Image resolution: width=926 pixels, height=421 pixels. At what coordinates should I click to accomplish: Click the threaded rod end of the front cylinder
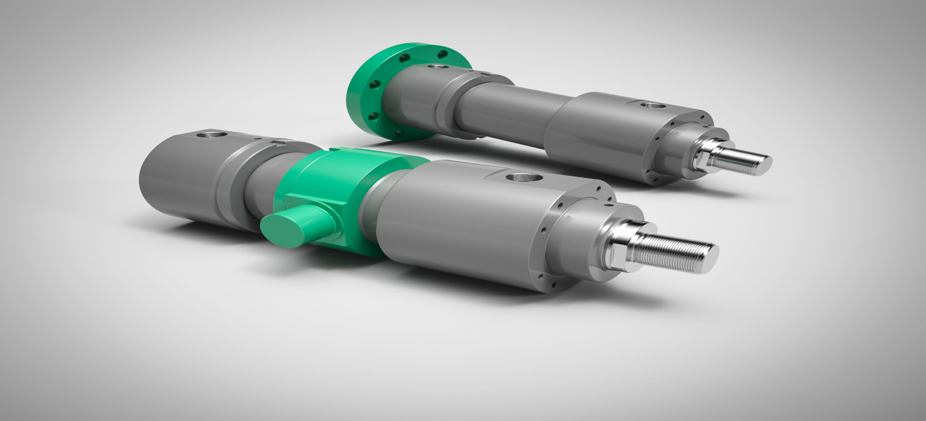point(673,253)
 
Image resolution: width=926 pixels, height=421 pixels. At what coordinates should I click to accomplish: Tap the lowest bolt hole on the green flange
point(398,134)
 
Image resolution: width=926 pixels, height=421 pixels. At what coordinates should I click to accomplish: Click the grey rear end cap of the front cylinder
point(177,177)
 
